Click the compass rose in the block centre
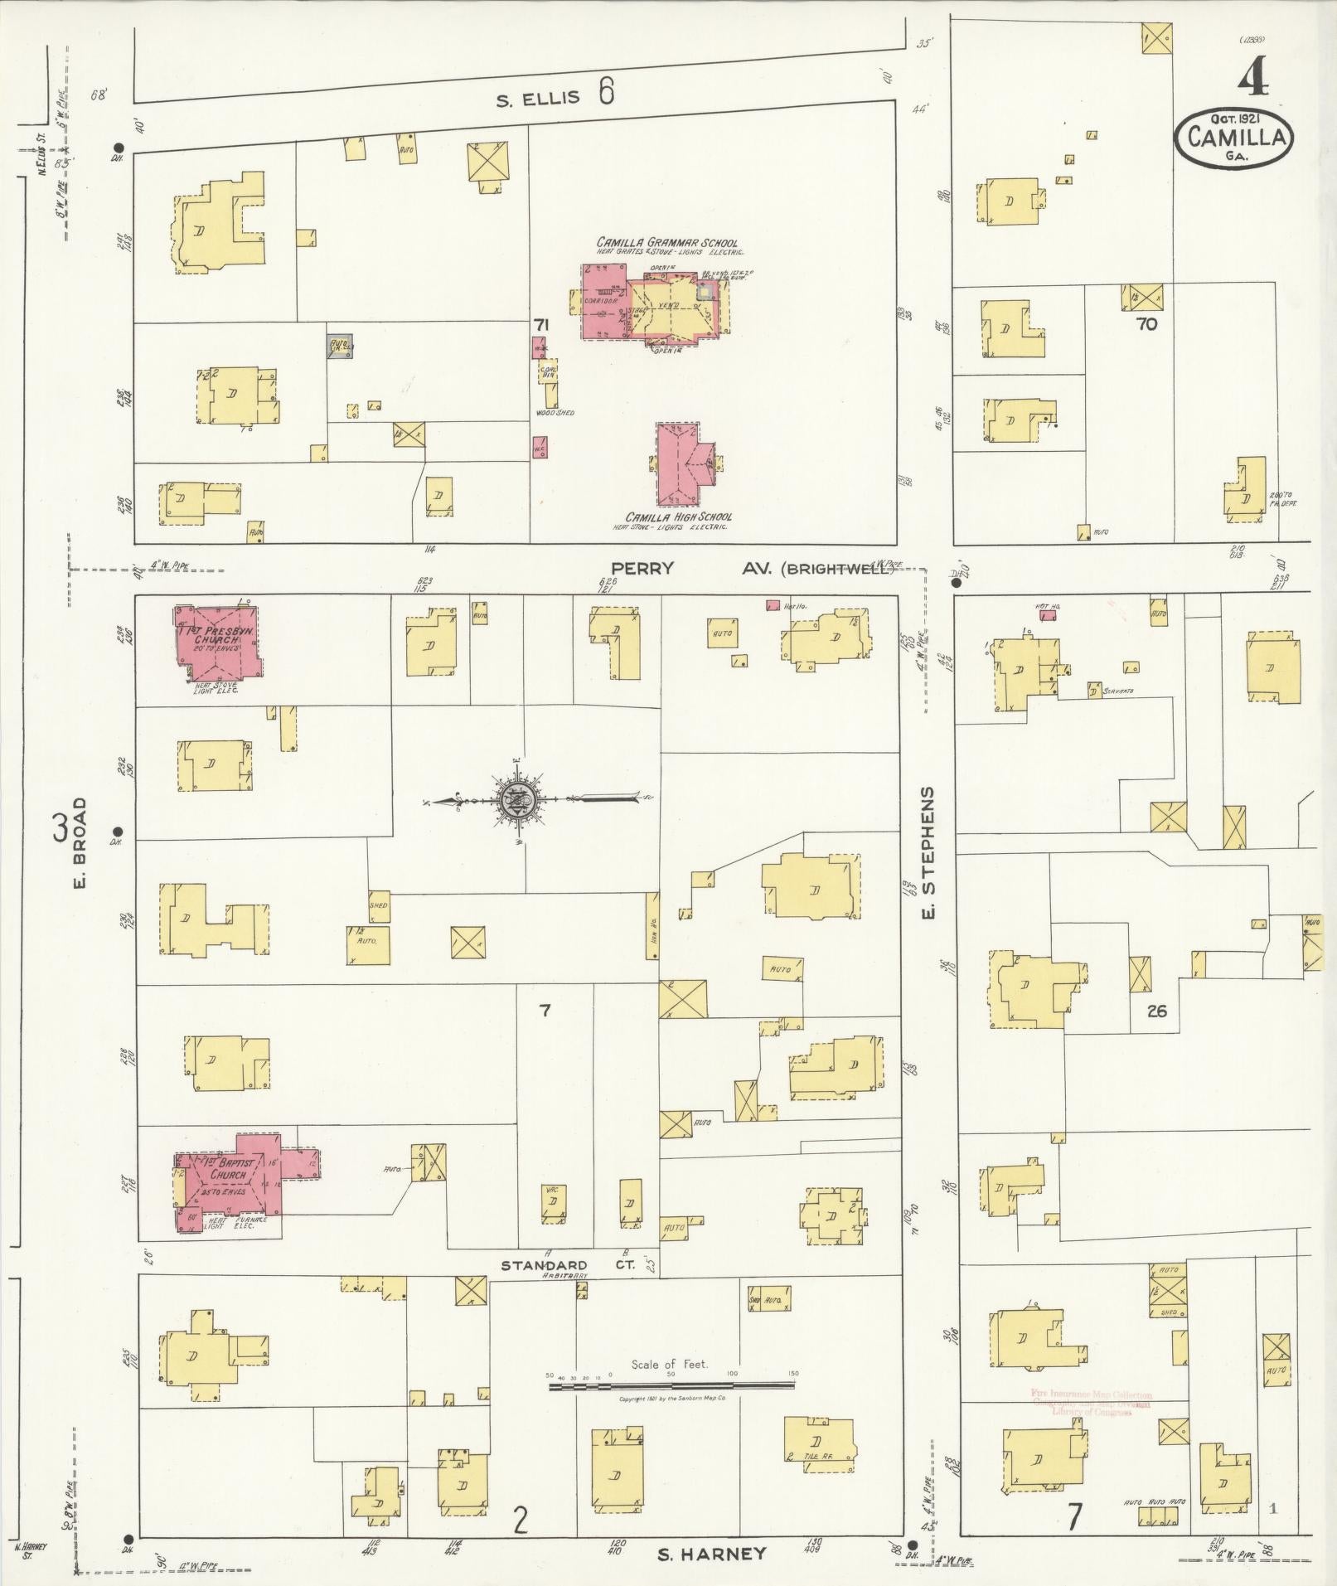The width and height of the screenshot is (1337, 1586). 517,799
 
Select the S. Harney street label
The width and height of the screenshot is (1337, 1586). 710,1554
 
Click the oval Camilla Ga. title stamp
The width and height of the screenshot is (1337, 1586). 1233,138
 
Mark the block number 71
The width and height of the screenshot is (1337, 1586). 542,325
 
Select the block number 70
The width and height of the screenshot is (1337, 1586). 1146,324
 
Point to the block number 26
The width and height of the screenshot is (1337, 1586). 1157,1011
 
